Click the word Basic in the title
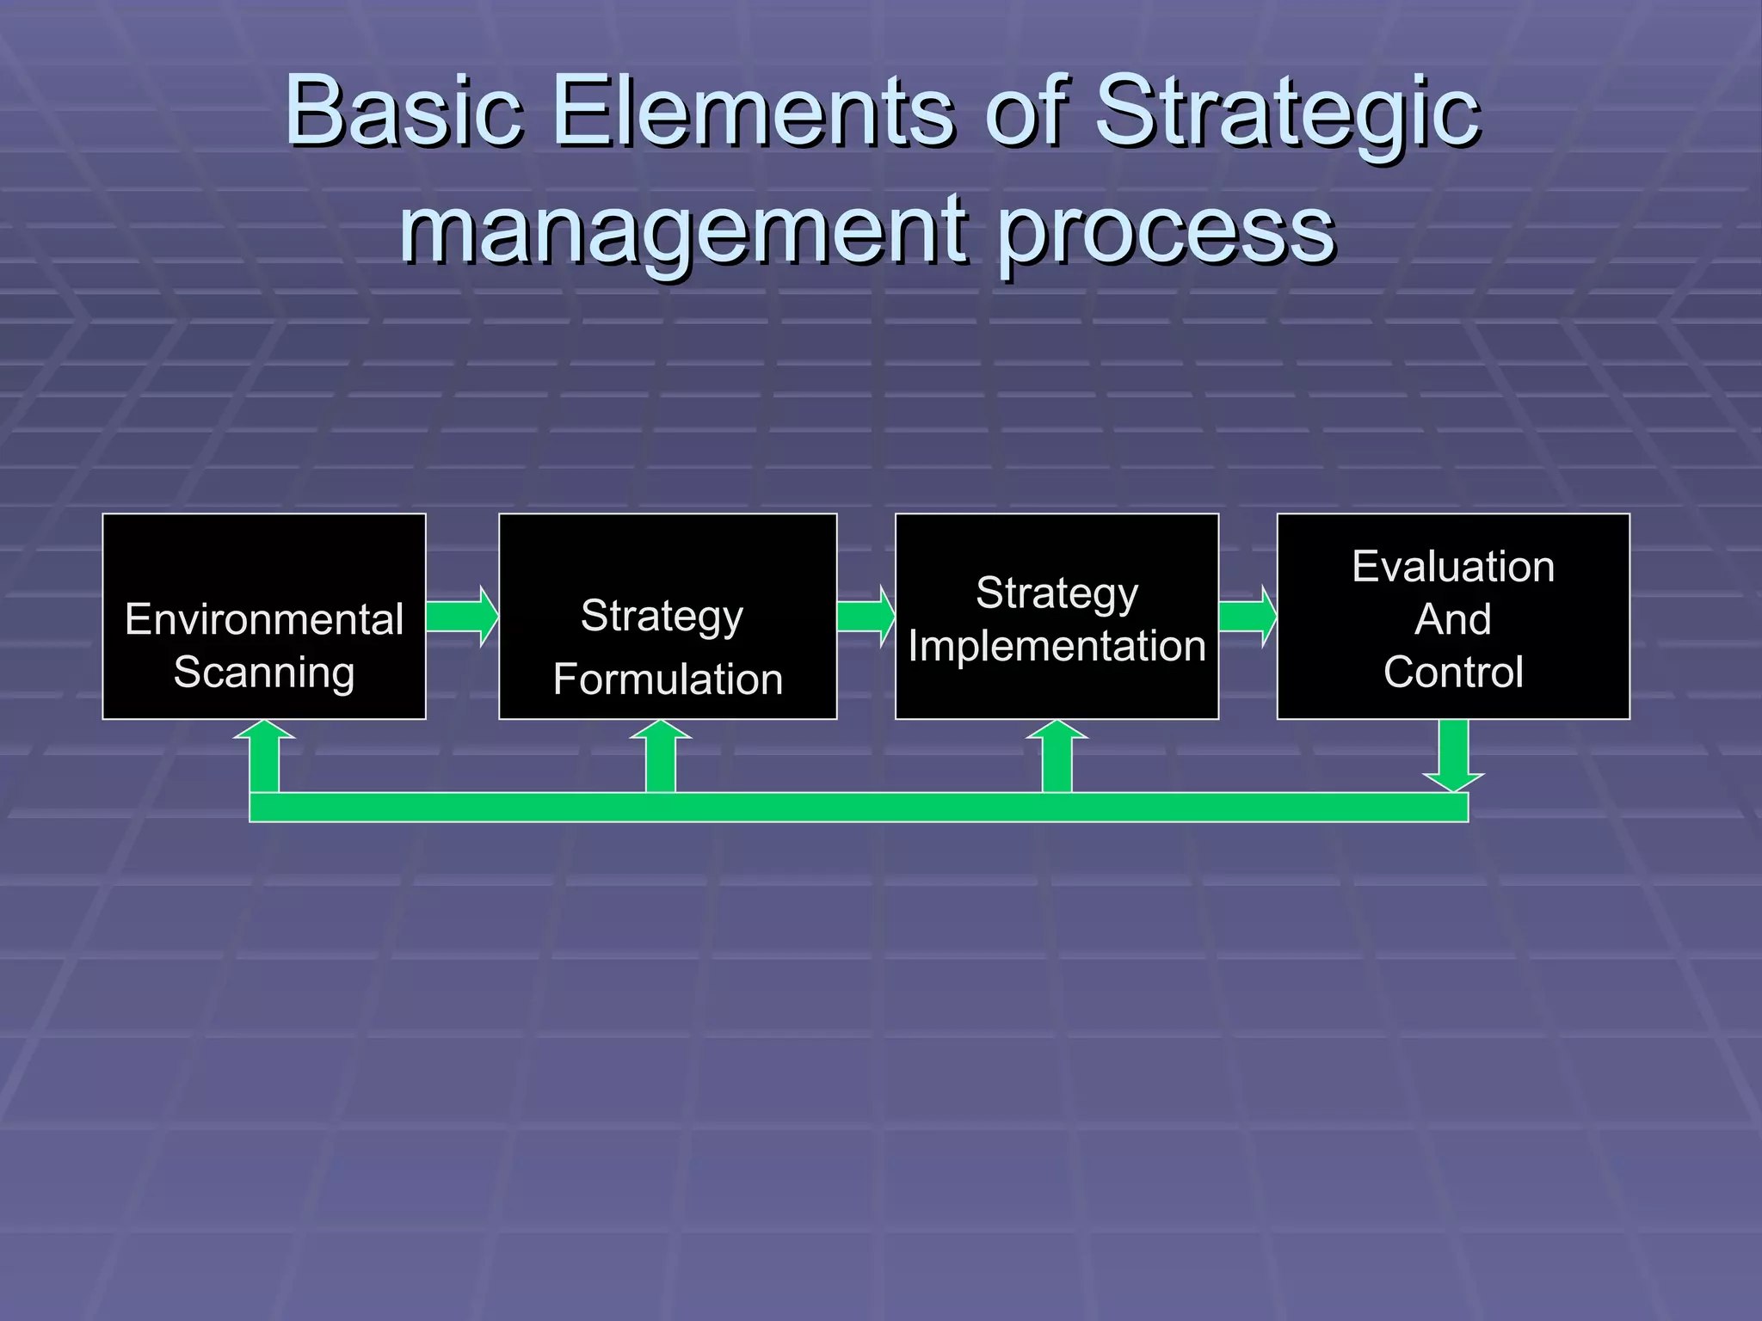pyautogui.click(x=404, y=112)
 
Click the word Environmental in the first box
pyautogui.click(x=264, y=619)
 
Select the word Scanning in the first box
pyautogui.click(x=264, y=673)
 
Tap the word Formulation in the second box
pyautogui.click(x=668, y=679)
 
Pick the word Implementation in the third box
pyautogui.click(x=1057, y=646)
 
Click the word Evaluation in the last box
pyautogui.click(x=1453, y=567)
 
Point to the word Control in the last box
pyautogui.click(x=1453, y=672)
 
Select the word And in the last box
pyautogui.click(x=1453, y=619)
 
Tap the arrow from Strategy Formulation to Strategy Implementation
pyautogui.click(x=866, y=617)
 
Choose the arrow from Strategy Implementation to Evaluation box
pyautogui.click(x=1248, y=617)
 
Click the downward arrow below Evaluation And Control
pyautogui.click(x=1453, y=755)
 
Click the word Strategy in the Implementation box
pyautogui.click(x=1057, y=593)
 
